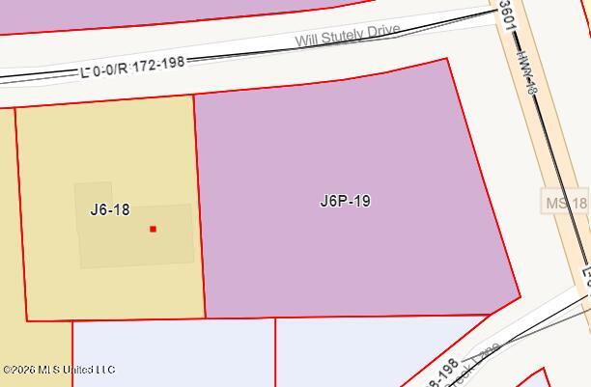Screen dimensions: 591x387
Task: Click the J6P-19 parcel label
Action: click(x=345, y=202)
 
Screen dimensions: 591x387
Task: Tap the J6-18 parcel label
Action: click(x=109, y=208)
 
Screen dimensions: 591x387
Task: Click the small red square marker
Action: click(x=153, y=229)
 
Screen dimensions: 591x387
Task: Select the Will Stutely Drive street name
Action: click(x=348, y=35)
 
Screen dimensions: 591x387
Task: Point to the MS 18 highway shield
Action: click(x=565, y=203)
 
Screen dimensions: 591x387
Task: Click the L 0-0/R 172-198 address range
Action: click(x=132, y=65)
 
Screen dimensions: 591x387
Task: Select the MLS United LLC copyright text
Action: click(x=59, y=370)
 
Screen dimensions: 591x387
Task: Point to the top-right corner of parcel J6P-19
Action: click(x=447, y=59)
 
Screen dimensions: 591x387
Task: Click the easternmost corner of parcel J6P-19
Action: click(x=521, y=296)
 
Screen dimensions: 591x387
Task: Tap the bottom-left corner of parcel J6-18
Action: click(x=26, y=319)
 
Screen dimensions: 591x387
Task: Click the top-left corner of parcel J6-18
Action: click(x=15, y=107)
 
